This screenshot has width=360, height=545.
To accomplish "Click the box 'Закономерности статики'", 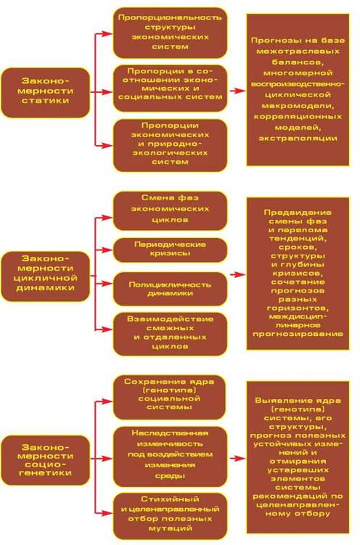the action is pyautogui.click(x=46, y=92).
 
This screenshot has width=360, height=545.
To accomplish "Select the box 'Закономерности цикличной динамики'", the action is pyautogui.click(x=46, y=276).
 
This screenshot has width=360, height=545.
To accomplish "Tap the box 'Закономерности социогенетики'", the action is pyautogui.click(x=46, y=460).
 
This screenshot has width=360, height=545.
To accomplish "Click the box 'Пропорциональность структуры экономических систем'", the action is pyautogui.click(x=170, y=33).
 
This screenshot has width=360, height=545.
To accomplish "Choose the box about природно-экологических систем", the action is pyautogui.click(x=170, y=145).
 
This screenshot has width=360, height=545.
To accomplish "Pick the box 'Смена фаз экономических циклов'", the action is pyautogui.click(x=170, y=211).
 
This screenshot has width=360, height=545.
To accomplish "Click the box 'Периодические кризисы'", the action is pyautogui.click(x=170, y=250).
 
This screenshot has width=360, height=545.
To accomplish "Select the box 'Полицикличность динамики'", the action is pyautogui.click(x=170, y=289).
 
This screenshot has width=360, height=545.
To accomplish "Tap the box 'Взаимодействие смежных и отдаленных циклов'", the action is pyautogui.click(x=170, y=334).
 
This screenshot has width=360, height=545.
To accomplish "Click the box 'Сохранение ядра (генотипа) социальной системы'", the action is pyautogui.click(x=169, y=397).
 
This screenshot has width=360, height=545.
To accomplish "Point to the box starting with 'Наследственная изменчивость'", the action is pyautogui.click(x=170, y=456).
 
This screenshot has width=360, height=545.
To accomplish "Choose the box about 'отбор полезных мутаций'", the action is pyautogui.click(x=170, y=516).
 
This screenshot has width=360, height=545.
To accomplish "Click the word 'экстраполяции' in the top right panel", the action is pyautogui.click(x=298, y=139).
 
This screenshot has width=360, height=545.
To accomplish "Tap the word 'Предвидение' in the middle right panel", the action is pyautogui.click(x=298, y=213).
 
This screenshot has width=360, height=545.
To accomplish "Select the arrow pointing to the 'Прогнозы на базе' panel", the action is pyautogui.click(x=237, y=91).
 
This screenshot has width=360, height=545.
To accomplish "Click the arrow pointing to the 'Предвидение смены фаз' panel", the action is pyautogui.click(x=237, y=274).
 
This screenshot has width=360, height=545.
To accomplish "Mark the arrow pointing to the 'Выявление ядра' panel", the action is pyautogui.click(x=237, y=459).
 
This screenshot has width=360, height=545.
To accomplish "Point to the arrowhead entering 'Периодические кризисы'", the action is pyautogui.click(x=109, y=250).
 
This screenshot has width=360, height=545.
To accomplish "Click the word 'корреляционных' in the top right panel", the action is pyautogui.click(x=298, y=116).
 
